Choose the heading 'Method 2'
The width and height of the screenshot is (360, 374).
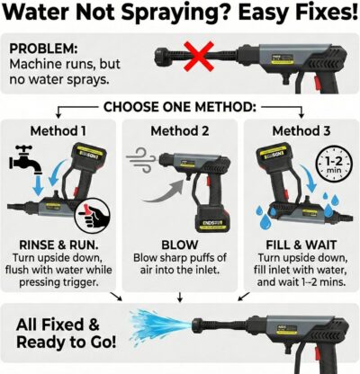click(179, 131)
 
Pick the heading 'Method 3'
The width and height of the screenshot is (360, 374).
click(296, 131)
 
